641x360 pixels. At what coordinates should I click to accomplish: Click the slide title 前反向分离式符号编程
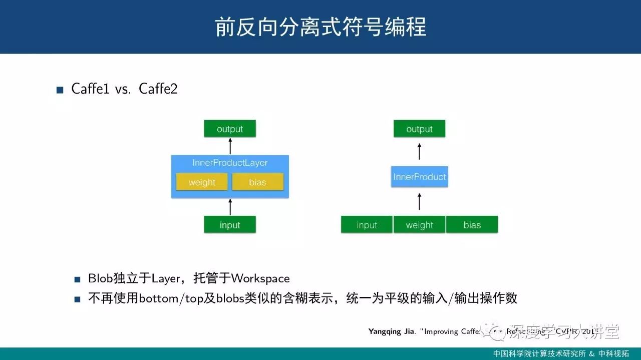click(x=320, y=27)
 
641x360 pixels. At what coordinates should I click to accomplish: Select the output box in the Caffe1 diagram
click(x=230, y=129)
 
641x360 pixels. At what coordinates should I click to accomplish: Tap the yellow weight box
click(x=202, y=182)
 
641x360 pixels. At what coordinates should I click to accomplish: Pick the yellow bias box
click(x=257, y=182)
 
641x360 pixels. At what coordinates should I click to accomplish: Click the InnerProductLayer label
click(x=230, y=163)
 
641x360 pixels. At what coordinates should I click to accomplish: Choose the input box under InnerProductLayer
click(x=230, y=225)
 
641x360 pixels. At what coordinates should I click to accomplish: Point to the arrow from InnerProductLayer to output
click(x=230, y=146)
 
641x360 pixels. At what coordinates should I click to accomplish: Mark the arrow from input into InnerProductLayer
click(x=230, y=207)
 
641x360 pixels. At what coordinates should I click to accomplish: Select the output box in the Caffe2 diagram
click(x=419, y=129)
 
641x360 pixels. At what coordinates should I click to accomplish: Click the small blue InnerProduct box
click(x=420, y=177)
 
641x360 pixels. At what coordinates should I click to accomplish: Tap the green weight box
click(x=420, y=225)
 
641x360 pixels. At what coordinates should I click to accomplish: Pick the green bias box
click(x=472, y=225)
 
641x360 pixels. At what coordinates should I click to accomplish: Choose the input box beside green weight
click(x=367, y=225)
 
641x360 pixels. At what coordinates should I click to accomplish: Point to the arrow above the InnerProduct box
click(x=420, y=151)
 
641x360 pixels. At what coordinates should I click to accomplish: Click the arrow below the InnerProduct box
click(x=420, y=202)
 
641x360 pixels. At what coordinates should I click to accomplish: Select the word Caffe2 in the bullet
click(x=158, y=89)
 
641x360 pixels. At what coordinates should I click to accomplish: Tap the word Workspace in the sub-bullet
click(x=260, y=278)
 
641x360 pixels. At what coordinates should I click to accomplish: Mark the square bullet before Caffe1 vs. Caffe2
click(x=60, y=90)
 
